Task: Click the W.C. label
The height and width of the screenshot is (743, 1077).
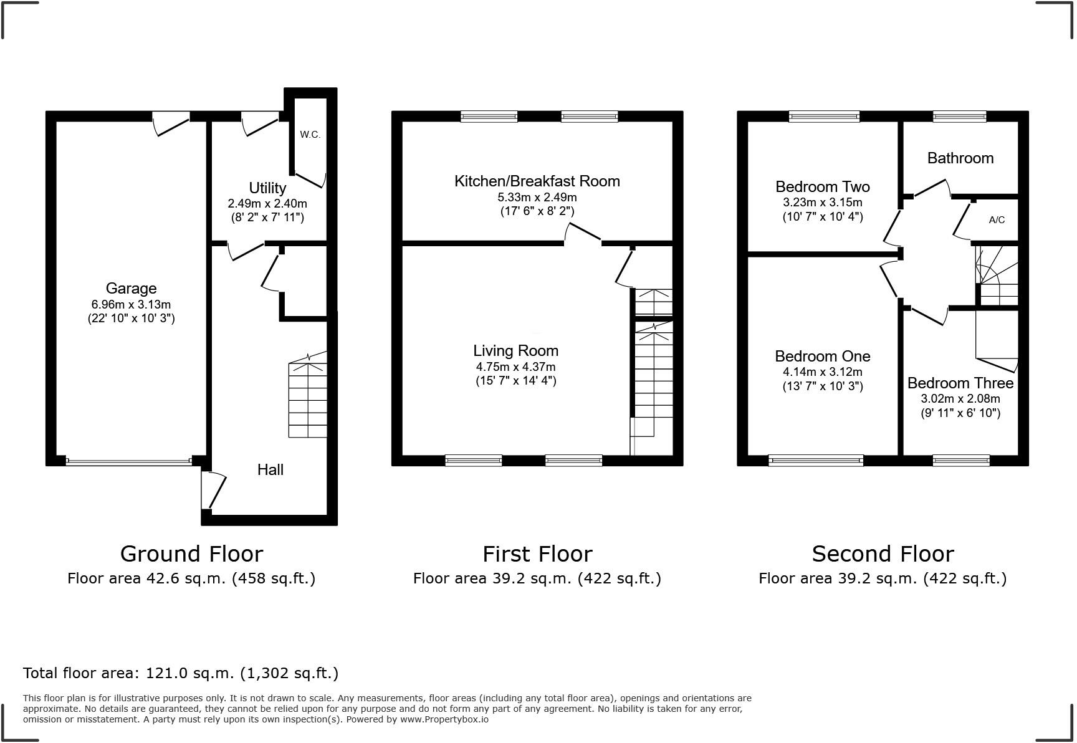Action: (310, 135)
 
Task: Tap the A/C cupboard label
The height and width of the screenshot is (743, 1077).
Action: (997, 220)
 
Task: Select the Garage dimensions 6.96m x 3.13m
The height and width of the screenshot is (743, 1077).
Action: (131, 305)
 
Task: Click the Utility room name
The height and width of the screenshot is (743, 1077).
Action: (267, 188)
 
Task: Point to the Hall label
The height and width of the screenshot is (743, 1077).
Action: (270, 470)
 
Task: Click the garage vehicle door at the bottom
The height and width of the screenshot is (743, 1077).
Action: (129, 462)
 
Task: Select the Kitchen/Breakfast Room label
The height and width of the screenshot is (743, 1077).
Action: (537, 181)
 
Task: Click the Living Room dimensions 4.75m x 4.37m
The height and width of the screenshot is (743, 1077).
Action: (515, 367)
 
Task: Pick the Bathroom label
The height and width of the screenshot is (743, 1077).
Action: (960, 158)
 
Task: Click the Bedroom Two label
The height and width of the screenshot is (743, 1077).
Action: (822, 187)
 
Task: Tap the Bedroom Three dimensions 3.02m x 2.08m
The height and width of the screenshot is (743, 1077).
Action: (960, 399)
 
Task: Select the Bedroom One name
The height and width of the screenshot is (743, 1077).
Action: (822, 357)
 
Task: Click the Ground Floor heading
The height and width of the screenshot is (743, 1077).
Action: (191, 554)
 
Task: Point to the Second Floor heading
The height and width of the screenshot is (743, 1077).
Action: (882, 554)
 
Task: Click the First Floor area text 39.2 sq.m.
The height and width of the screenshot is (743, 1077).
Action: (537, 578)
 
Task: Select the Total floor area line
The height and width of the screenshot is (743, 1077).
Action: (181, 673)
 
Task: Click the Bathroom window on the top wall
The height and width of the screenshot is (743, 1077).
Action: (959, 116)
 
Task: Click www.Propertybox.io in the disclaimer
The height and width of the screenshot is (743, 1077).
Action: (444, 719)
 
